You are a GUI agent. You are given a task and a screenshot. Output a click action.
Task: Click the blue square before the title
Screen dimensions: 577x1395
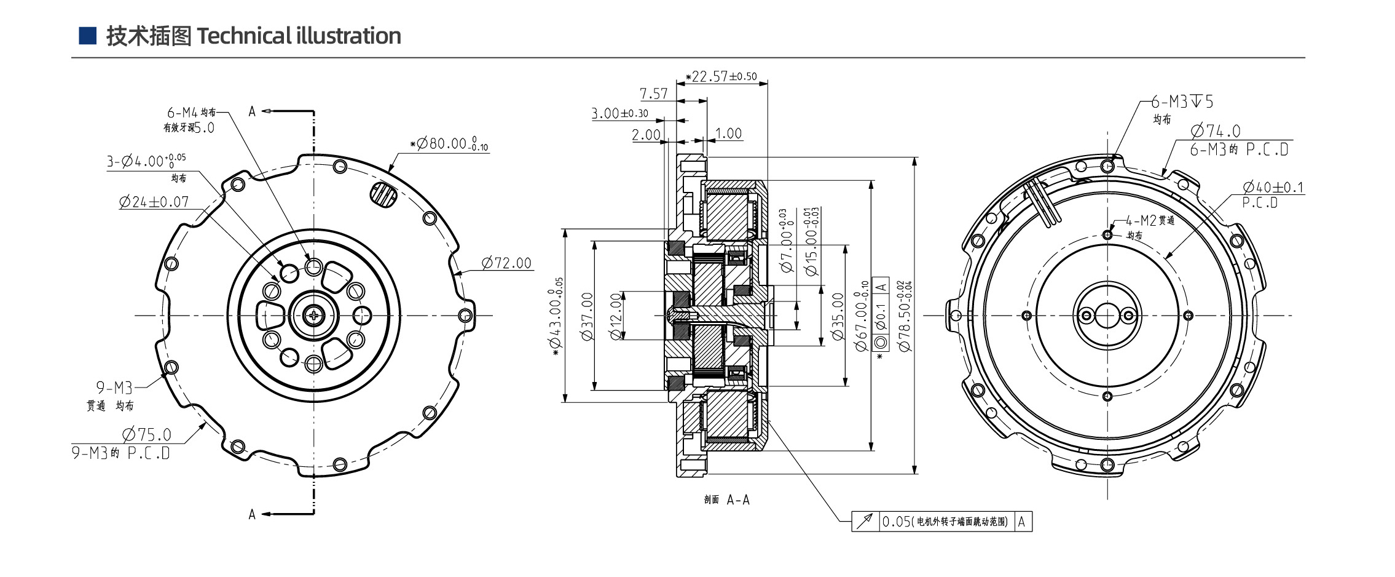coord(87,36)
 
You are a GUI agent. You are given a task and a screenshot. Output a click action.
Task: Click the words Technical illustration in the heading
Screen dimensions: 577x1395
coord(299,36)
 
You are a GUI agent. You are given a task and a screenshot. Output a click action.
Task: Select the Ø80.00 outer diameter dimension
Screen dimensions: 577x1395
coord(452,144)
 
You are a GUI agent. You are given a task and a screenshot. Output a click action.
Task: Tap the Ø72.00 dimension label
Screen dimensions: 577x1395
coord(506,263)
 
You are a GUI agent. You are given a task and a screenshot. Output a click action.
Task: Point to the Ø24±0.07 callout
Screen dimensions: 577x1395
coord(154,202)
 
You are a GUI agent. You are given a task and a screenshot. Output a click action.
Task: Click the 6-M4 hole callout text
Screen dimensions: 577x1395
coord(191,113)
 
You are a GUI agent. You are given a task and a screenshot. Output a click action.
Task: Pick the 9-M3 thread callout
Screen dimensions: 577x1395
coord(114,388)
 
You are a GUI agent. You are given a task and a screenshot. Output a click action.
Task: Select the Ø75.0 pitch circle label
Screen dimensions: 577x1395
coord(147,434)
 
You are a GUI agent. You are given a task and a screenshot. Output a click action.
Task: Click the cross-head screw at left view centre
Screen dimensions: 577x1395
coord(313,316)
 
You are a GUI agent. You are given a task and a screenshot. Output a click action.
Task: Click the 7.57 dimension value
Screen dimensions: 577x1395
coord(653,94)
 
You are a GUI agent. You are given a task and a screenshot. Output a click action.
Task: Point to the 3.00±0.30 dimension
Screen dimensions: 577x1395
coord(619,113)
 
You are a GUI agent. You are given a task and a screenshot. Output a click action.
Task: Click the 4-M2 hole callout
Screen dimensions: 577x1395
coord(1149,221)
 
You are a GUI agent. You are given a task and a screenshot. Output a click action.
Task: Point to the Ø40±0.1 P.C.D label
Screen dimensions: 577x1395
coord(1273,187)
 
